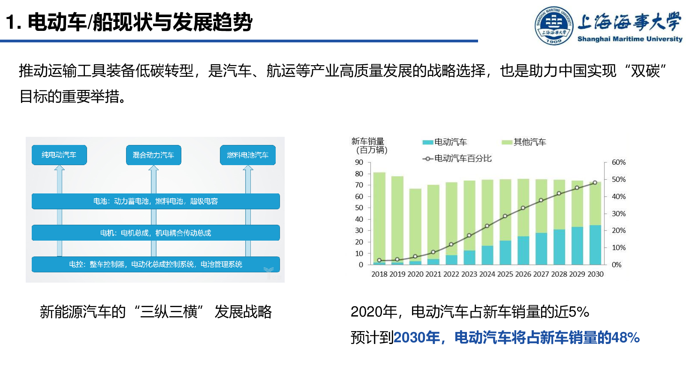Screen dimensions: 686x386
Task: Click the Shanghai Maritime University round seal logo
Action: [554, 26]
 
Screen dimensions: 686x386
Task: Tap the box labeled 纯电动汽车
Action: [59, 155]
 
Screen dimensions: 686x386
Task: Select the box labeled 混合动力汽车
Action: [153, 155]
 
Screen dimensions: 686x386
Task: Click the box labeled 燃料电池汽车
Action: [248, 155]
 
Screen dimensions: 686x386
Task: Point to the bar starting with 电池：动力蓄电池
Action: [156, 201]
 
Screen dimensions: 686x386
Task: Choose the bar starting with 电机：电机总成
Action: [156, 233]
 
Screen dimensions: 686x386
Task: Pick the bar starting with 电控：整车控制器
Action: [156, 264]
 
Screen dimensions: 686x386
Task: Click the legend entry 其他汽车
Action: [524, 142]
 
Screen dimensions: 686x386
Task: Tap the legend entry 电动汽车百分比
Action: [457, 158]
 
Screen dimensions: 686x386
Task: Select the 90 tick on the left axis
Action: [359, 163]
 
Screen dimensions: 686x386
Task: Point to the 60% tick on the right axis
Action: [619, 163]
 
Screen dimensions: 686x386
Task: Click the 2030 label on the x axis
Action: [596, 274]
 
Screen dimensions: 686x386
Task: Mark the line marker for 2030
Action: [595, 183]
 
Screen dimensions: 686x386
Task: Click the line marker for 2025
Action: [505, 216]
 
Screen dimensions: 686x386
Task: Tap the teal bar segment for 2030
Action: [595, 245]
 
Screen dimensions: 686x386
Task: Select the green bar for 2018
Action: [379, 217]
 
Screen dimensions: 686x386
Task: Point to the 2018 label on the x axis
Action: [379, 274]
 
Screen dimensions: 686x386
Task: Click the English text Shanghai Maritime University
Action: [630, 39]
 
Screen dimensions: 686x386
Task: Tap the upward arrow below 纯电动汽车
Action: [60, 211]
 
